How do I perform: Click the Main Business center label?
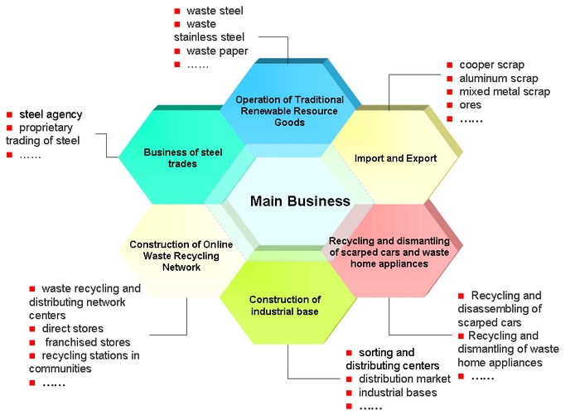pyautogui.click(x=300, y=201)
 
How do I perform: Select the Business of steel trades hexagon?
pyautogui.click(x=170, y=157)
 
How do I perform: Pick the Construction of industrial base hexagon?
pyautogui.click(x=284, y=305)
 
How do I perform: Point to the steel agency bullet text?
pyautogui.click(x=51, y=114)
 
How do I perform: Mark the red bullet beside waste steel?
pyautogui.click(x=177, y=12)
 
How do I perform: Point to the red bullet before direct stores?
pyautogui.click(x=32, y=329)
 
